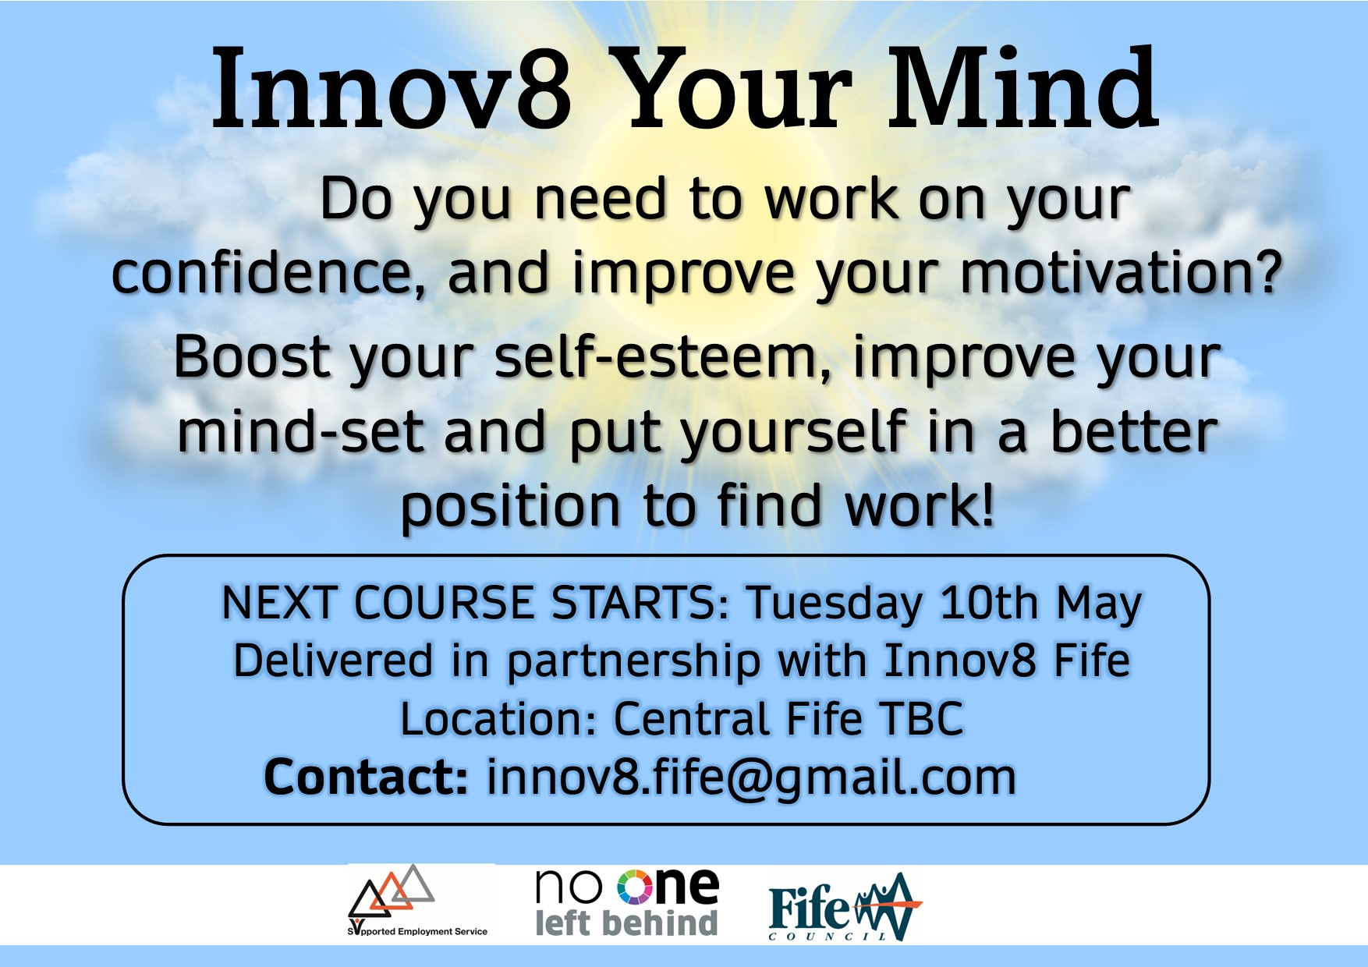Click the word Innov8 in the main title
pyautogui.click(x=392, y=89)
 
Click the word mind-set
pyautogui.click(x=301, y=433)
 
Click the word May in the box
pyautogui.click(x=1099, y=604)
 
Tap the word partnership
pyautogui.click(x=633, y=662)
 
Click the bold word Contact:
pyautogui.click(x=367, y=777)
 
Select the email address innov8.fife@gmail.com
pyautogui.click(x=752, y=778)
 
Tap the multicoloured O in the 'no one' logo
pyautogui.click(x=634, y=887)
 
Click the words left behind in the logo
pyautogui.click(x=626, y=923)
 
